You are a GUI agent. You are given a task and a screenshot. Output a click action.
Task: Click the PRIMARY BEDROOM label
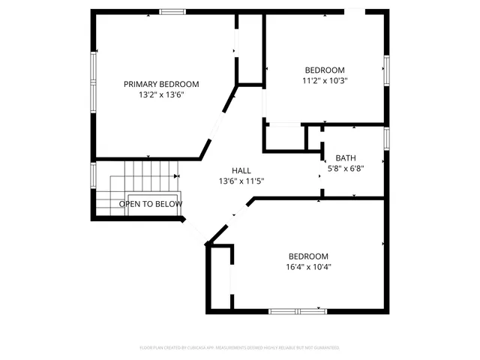161,84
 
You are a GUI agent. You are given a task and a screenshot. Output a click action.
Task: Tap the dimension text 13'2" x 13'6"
161,95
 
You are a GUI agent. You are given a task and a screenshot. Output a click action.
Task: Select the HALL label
241,170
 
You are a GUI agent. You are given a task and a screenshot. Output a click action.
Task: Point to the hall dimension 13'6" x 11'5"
241,181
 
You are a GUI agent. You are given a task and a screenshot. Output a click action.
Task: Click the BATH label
345,157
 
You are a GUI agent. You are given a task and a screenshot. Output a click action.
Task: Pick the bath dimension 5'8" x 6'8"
345,169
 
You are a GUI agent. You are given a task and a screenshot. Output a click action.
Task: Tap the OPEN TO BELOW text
150,204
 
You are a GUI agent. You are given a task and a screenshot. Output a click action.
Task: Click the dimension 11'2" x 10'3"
324,80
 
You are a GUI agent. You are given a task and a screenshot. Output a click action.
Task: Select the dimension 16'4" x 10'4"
308,267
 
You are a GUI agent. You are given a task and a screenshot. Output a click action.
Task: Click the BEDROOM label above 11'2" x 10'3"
324,69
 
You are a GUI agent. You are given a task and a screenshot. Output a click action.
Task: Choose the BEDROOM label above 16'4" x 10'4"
308,256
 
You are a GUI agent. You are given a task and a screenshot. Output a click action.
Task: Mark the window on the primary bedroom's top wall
172,12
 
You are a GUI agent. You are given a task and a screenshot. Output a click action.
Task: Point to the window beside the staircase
94,175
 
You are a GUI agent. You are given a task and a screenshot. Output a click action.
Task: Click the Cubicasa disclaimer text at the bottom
240,348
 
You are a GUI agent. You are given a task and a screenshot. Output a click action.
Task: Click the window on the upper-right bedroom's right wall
387,69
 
